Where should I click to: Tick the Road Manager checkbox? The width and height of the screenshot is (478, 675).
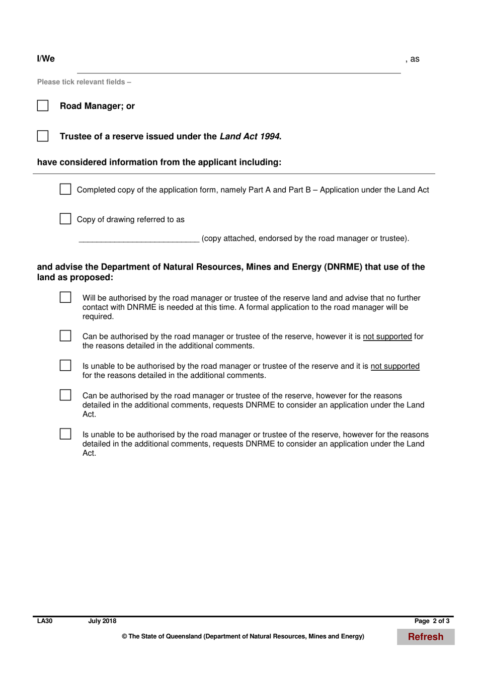click(x=43, y=106)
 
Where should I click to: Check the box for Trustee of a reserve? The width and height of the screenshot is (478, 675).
click(x=43, y=136)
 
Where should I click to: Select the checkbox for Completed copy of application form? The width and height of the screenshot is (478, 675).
click(x=65, y=189)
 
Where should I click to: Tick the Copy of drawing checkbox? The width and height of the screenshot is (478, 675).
click(x=65, y=219)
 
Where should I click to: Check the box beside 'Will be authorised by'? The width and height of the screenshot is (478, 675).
click(x=65, y=297)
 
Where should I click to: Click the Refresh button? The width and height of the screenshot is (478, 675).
click(x=426, y=637)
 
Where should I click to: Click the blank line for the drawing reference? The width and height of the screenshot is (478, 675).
click(x=139, y=238)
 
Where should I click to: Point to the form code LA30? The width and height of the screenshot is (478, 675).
click(x=45, y=621)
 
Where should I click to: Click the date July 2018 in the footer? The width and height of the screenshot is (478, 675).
click(x=102, y=621)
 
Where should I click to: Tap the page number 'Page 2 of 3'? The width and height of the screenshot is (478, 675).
click(x=432, y=621)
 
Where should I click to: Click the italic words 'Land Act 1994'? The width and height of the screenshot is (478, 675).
click(x=250, y=136)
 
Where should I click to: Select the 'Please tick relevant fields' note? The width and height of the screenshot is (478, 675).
click(x=84, y=82)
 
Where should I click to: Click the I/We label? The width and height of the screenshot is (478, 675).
click(x=46, y=59)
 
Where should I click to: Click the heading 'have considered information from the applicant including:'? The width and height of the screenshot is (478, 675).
click(x=159, y=162)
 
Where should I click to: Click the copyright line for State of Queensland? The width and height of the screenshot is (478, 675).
click(x=243, y=637)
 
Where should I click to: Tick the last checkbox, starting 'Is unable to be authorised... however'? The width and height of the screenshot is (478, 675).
click(x=65, y=434)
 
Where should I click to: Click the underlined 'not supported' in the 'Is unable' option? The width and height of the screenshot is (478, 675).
click(x=395, y=366)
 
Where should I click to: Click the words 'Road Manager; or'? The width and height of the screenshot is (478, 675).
click(x=97, y=106)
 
